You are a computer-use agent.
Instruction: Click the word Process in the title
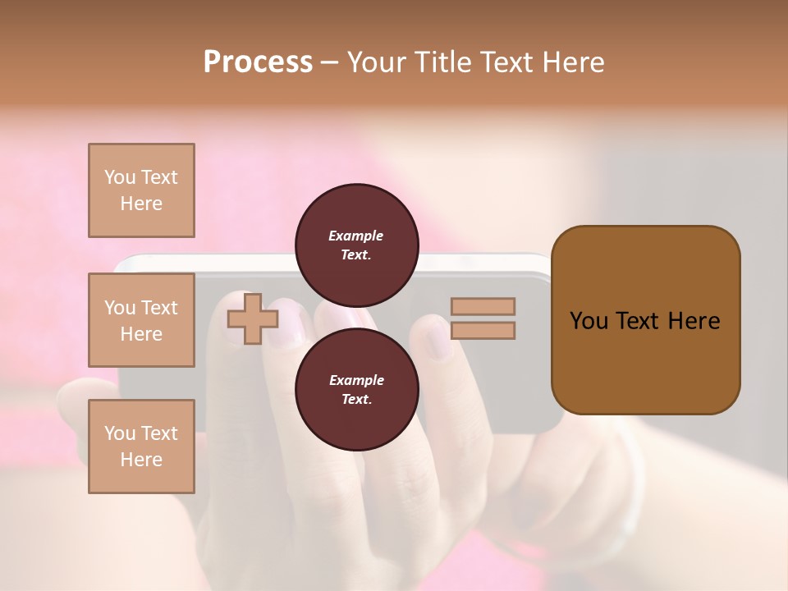(258, 62)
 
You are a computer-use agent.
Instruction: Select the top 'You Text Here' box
(141, 190)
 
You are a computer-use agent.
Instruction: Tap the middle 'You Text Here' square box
(141, 320)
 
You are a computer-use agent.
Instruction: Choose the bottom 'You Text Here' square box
(141, 447)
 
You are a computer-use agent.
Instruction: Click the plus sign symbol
(252, 319)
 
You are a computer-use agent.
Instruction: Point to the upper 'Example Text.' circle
(356, 245)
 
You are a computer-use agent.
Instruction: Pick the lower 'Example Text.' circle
(356, 389)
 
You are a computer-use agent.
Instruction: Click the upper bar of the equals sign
(483, 307)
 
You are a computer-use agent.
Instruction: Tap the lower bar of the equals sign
(483, 331)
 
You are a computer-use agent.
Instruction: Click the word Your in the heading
(378, 62)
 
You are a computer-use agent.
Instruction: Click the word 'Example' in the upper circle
(356, 236)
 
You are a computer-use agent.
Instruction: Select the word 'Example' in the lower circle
(356, 380)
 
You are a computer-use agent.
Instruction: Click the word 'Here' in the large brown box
(694, 321)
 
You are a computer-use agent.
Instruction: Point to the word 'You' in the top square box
(120, 177)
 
